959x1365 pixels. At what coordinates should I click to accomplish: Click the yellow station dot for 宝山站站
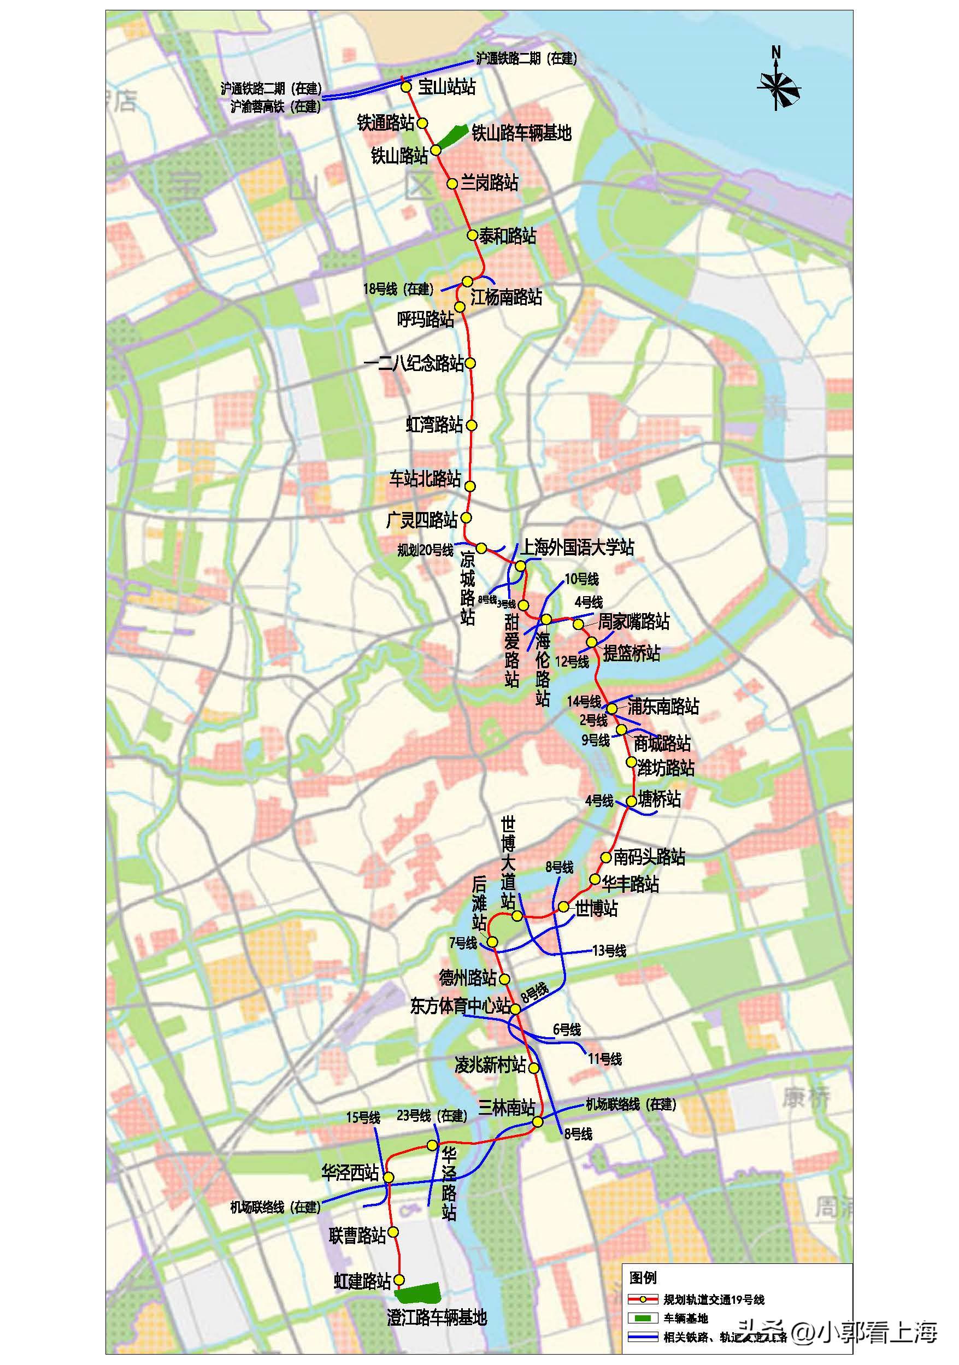pyautogui.click(x=406, y=87)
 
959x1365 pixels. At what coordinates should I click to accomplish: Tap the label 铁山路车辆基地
pyautogui.click(x=521, y=133)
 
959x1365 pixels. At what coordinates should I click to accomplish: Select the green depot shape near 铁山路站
pyautogui.click(x=451, y=135)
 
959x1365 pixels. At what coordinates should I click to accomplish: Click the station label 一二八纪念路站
pyautogui.click(x=414, y=363)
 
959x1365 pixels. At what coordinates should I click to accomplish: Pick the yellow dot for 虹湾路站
pyautogui.click(x=472, y=425)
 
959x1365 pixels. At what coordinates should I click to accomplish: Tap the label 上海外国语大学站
pyautogui.click(x=577, y=547)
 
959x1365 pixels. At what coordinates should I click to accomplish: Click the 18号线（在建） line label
pyautogui.click(x=398, y=289)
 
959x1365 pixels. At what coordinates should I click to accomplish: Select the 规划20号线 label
pyautogui.click(x=425, y=550)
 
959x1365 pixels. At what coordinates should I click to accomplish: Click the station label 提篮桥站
pyautogui.click(x=631, y=653)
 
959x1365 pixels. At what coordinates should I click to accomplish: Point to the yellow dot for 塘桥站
pyautogui.click(x=631, y=802)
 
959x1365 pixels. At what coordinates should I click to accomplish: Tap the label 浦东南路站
pyautogui.click(x=663, y=707)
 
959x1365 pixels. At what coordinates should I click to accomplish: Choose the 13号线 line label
pyautogui.click(x=609, y=951)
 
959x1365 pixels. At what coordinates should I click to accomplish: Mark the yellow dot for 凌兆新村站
pyautogui.click(x=534, y=1068)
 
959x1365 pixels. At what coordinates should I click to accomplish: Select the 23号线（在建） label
pyautogui.click(x=432, y=1116)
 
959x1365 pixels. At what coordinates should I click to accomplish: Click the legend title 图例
pyautogui.click(x=643, y=1277)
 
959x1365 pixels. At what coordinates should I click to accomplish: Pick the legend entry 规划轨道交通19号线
pyautogui.click(x=714, y=1299)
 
